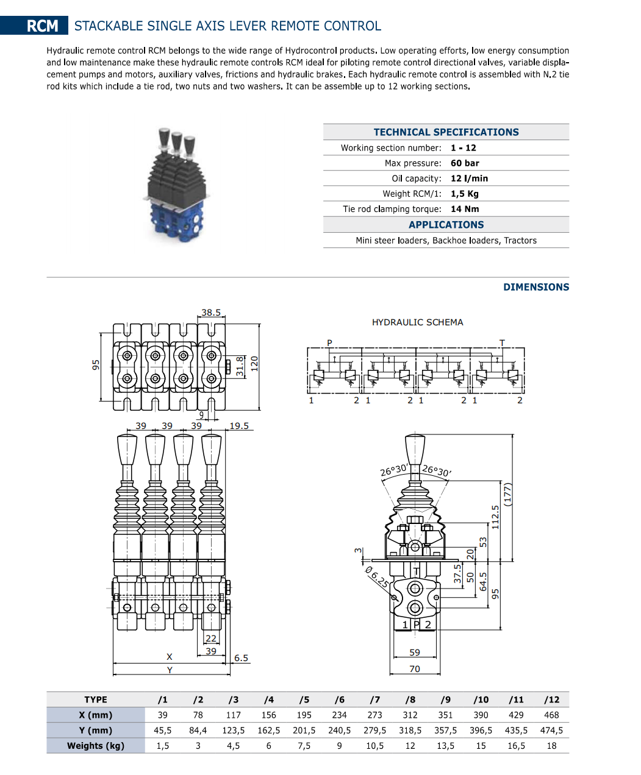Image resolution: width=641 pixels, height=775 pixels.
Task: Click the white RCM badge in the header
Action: pos(42,26)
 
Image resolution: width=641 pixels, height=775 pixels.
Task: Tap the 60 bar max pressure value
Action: pos(465,163)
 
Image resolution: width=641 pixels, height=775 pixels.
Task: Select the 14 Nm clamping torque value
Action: pos(465,209)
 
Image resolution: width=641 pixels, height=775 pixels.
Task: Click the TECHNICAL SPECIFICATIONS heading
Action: pos(446,132)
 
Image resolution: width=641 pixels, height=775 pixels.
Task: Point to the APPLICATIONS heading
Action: pos(446,225)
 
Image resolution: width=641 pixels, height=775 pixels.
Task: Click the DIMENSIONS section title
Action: pos(535,287)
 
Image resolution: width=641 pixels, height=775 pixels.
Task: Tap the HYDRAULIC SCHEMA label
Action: pos(417,322)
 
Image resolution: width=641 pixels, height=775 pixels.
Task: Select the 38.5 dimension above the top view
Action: pos(211,313)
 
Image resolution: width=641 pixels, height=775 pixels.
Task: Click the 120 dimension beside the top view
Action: pos(254,364)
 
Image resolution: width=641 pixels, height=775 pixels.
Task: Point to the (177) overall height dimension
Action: pos(507,495)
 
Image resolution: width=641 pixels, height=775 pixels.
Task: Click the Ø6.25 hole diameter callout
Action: pos(376,577)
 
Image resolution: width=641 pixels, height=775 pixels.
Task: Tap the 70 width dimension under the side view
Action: pos(415,669)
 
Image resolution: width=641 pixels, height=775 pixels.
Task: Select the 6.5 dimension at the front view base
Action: pos(241,658)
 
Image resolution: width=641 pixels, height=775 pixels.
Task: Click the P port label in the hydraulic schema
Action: pos(329,343)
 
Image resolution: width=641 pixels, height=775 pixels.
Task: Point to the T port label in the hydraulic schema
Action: pos(502,343)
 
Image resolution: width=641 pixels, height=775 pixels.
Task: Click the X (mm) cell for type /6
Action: pos(339,715)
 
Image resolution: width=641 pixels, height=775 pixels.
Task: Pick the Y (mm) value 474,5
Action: pos(551,731)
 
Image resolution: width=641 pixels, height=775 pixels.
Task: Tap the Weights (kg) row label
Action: pos(96,746)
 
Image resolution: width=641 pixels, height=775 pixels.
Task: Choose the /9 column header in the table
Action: pos(445,700)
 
